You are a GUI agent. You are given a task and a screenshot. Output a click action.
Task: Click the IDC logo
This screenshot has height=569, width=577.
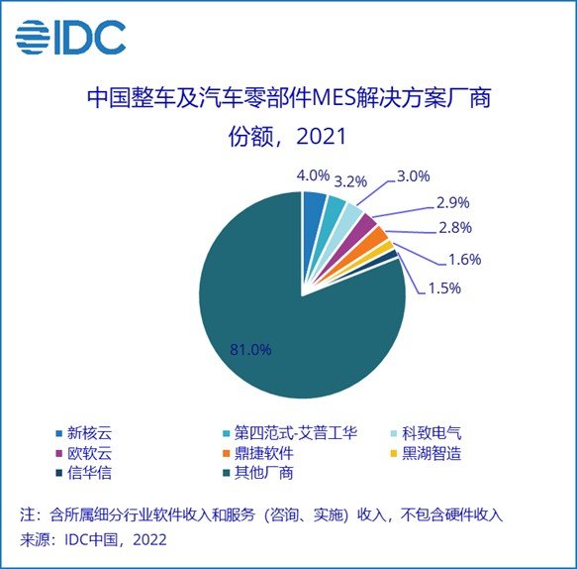click(x=69, y=37)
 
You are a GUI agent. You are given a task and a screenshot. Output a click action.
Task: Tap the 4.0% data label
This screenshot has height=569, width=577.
click(x=314, y=175)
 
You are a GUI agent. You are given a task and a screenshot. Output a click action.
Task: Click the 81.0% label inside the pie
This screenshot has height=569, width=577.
click(x=250, y=349)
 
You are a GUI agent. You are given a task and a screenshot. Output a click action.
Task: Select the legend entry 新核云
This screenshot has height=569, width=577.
click(x=90, y=433)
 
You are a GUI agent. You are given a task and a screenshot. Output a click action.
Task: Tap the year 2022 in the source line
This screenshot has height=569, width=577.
click(x=145, y=540)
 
